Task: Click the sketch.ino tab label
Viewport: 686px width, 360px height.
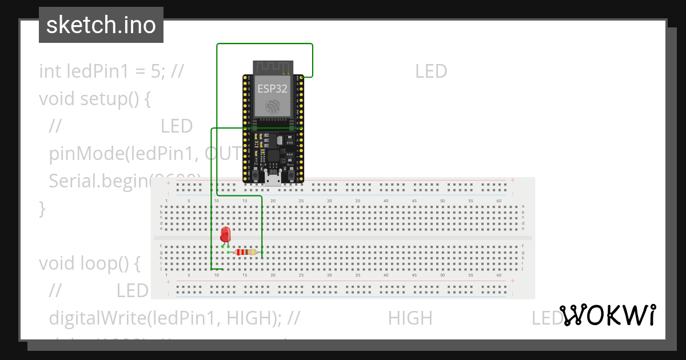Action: (x=101, y=25)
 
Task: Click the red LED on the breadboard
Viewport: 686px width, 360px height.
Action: (x=225, y=234)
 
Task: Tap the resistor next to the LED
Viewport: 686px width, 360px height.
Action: (x=246, y=252)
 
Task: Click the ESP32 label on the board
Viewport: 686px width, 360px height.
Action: (x=272, y=89)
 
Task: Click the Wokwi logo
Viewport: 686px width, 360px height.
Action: (x=608, y=315)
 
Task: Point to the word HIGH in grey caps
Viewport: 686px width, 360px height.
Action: (x=410, y=318)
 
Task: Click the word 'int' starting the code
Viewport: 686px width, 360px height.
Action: (x=50, y=71)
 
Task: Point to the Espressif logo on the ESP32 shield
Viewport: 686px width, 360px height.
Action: (x=272, y=106)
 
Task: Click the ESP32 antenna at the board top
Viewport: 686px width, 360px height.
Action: (x=273, y=67)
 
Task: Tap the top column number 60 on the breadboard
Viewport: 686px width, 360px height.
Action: (x=499, y=201)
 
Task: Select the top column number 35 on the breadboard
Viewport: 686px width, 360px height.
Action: (x=357, y=201)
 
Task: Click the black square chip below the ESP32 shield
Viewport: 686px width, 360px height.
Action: (x=273, y=155)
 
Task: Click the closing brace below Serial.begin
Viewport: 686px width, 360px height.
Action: (x=42, y=209)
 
